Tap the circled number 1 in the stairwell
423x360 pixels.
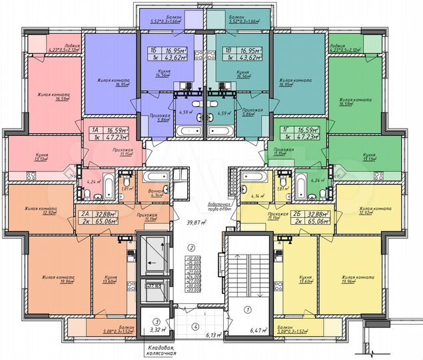[247, 309]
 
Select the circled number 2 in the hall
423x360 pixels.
[191, 246]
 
